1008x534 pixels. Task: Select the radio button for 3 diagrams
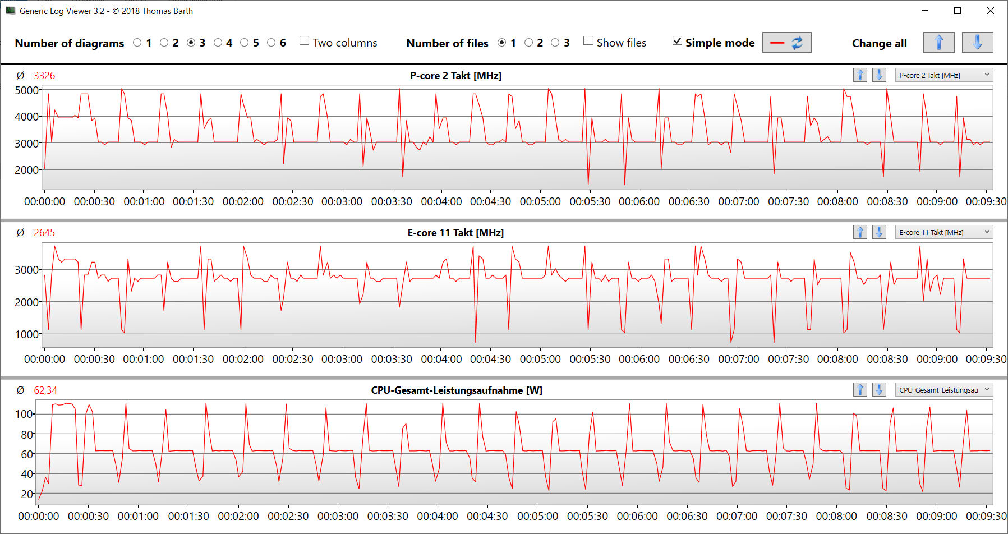click(191, 43)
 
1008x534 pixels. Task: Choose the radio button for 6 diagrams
click(271, 43)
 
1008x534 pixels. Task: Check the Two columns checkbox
click(305, 41)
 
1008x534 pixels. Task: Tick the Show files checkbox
click(588, 41)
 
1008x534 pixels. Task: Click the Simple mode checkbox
click(678, 41)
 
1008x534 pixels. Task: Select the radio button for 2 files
click(529, 43)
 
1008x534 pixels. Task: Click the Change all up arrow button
click(938, 43)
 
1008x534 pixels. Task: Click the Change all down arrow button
click(977, 43)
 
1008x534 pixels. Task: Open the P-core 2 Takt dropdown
click(943, 75)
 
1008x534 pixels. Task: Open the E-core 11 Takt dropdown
click(943, 232)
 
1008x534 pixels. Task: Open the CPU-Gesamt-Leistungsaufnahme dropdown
click(943, 390)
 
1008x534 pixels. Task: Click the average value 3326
click(44, 76)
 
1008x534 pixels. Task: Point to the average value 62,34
click(45, 390)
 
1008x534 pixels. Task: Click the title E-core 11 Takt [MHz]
click(455, 233)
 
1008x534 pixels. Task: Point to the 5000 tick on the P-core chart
click(26, 90)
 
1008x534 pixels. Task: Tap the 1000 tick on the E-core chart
click(26, 334)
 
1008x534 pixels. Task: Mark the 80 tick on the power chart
click(26, 434)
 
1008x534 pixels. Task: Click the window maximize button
click(958, 11)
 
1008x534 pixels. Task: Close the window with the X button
click(991, 11)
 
